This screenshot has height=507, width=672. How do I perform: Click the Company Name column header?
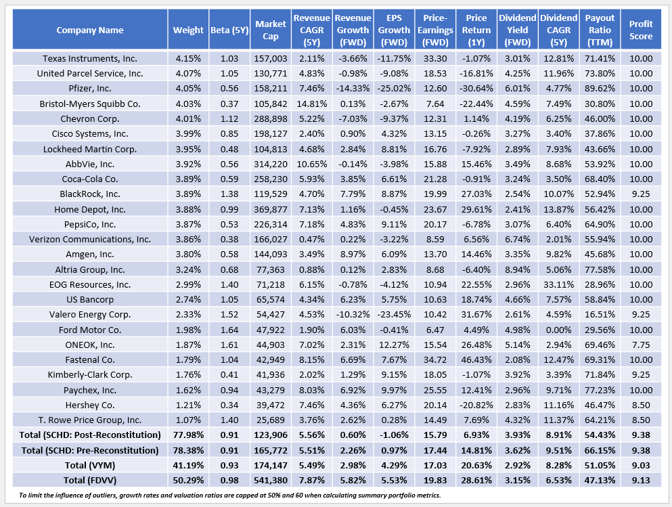90,30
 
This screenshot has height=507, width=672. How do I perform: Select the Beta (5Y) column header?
228,30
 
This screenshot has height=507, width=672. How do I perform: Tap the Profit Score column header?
640,30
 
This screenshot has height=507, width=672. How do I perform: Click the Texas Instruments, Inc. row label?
90,58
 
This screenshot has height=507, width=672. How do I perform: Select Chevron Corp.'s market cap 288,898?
270,118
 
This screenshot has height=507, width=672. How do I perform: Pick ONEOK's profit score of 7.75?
640,344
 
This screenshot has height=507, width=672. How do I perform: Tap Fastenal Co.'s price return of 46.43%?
476,359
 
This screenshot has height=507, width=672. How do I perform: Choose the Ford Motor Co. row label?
90,329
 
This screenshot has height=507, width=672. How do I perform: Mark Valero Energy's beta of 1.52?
228,314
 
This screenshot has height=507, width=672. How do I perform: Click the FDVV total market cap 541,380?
270,479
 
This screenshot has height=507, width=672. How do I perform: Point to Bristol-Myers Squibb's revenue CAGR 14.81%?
311,103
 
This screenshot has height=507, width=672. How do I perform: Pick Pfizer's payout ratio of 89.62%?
600,88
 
